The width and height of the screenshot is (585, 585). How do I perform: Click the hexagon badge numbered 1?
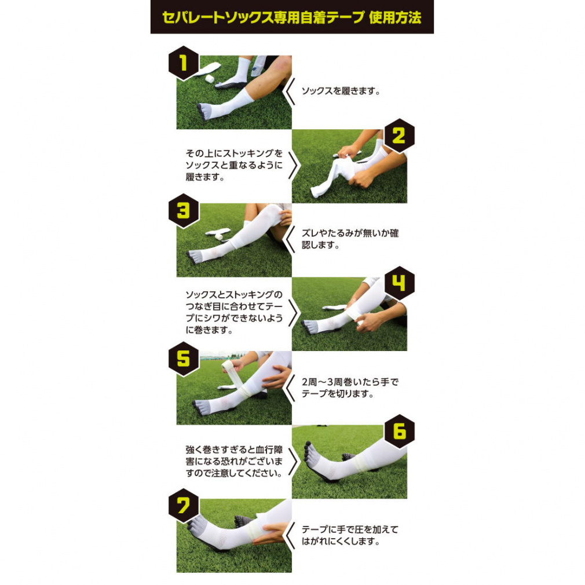click(x=183, y=63)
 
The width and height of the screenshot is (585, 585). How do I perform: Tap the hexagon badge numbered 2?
click(x=399, y=136)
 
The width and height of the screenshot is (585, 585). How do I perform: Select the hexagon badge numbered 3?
click(x=183, y=211)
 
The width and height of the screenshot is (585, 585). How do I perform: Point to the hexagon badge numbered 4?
click(x=399, y=284)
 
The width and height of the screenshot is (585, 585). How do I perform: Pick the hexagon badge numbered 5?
click(x=183, y=359)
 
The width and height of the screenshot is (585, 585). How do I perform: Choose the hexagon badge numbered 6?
click(x=399, y=432)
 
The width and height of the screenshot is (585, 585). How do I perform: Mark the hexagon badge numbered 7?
click(x=183, y=506)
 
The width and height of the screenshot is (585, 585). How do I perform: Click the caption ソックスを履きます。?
click(x=341, y=91)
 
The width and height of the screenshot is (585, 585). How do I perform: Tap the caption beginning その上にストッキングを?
click(x=235, y=165)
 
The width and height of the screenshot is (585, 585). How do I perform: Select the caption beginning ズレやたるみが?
click(x=350, y=239)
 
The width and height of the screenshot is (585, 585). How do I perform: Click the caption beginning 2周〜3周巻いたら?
click(x=350, y=387)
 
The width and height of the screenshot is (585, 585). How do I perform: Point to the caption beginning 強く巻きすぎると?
click(x=235, y=462)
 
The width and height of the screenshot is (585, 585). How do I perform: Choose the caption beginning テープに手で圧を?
click(x=350, y=535)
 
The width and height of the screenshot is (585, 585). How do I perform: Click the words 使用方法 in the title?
click(x=395, y=17)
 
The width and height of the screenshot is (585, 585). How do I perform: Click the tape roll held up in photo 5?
click(x=232, y=371)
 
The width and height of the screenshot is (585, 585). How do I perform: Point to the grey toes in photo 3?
click(x=196, y=257)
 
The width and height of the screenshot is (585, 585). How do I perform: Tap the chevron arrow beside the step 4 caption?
click(x=295, y=313)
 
